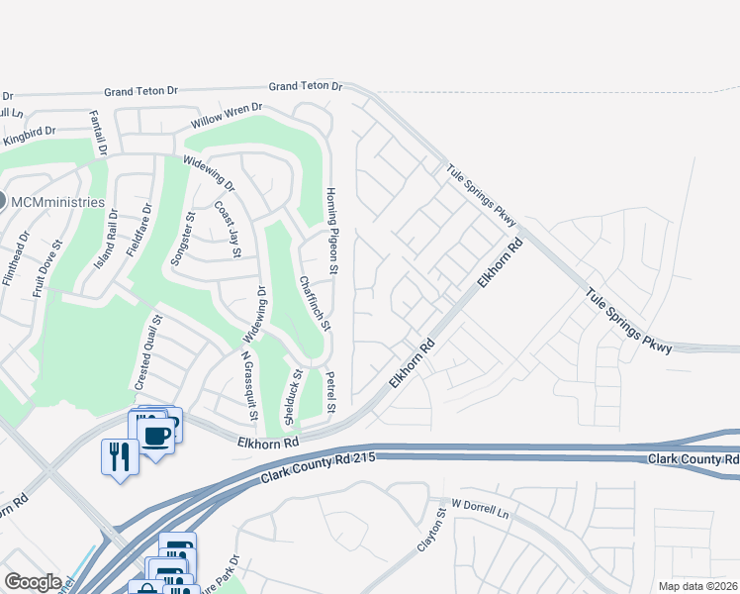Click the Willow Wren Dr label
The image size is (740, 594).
pos(227,116)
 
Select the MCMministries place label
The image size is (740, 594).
pos(58,202)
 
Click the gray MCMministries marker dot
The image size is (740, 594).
pos(2,201)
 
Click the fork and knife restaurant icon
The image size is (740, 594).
pos(117,455)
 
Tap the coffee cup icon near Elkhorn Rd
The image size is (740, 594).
pos(156,435)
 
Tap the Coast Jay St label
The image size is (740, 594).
pos(228,230)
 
